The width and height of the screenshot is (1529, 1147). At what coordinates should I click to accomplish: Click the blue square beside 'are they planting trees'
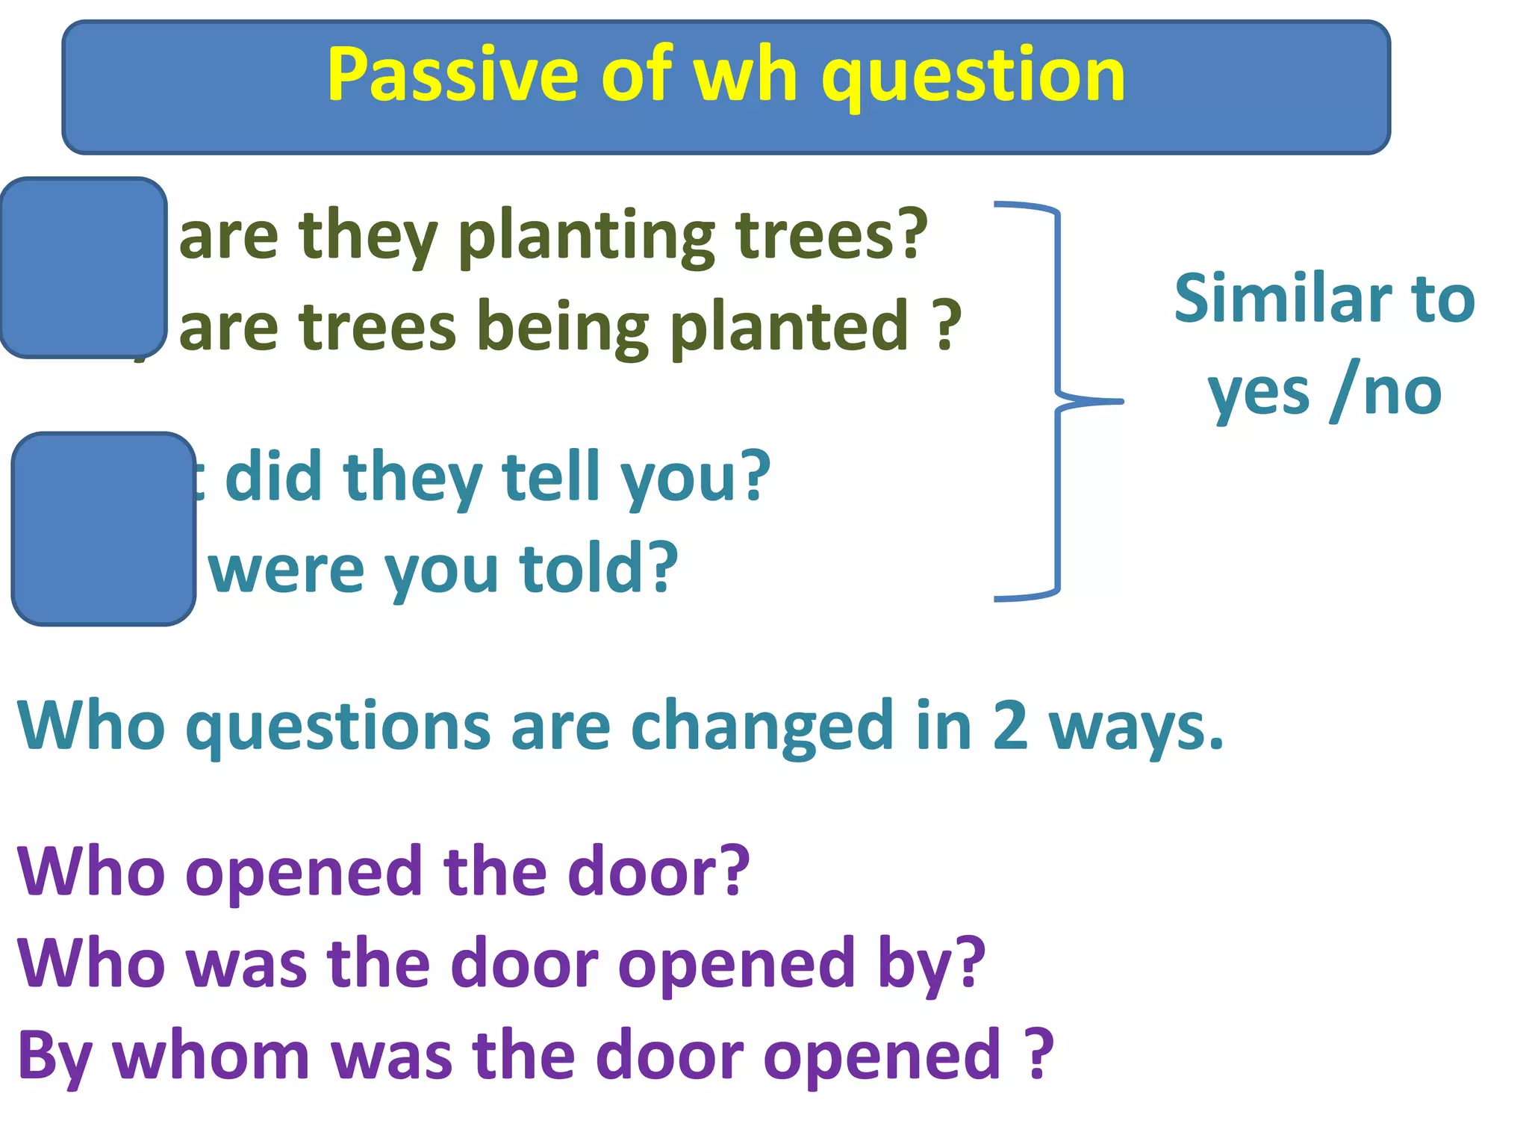(83, 267)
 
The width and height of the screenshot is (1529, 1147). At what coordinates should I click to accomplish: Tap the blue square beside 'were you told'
(104, 529)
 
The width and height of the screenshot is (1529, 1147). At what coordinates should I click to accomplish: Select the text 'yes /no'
(1324, 393)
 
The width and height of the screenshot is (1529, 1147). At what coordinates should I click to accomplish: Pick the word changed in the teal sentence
(762, 726)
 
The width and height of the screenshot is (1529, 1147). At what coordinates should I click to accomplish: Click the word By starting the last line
(55, 1056)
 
